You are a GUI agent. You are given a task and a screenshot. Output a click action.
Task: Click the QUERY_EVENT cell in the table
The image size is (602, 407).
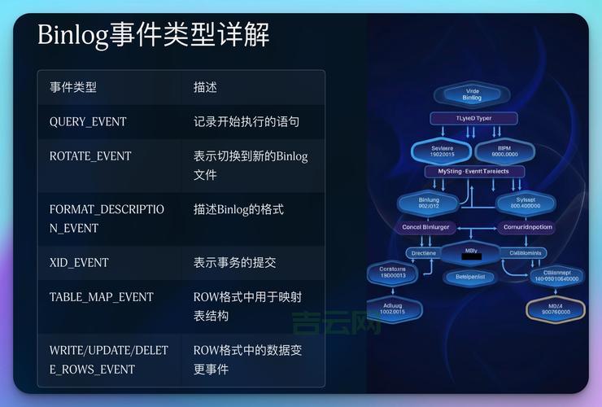coord(88,121)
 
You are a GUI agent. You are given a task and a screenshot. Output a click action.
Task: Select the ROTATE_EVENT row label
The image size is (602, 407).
coord(90,155)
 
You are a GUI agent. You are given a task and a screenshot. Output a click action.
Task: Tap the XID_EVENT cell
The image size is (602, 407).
coord(79,262)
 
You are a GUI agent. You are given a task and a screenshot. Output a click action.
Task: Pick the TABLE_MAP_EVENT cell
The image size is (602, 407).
coord(101,296)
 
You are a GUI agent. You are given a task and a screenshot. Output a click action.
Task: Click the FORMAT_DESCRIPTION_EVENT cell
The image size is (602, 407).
coord(107,218)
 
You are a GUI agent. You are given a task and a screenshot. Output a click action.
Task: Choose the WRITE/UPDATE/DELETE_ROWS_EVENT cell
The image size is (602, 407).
coord(108,359)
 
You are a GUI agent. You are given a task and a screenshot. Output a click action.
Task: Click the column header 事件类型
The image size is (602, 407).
coord(72,87)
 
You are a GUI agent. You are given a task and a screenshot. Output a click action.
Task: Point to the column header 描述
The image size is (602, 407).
coord(205,87)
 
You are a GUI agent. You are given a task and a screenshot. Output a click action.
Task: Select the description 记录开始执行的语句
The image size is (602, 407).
coord(246,121)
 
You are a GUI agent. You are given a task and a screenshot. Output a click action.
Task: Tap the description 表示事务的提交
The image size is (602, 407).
coord(234,262)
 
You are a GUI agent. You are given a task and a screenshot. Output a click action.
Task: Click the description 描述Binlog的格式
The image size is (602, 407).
coord(238,209)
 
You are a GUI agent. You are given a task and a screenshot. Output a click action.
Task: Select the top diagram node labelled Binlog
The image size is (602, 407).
coord(472,94)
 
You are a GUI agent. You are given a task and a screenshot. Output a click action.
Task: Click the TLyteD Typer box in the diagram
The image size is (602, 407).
coord(473,118)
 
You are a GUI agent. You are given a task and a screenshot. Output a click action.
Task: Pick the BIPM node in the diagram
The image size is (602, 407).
coord(504,150)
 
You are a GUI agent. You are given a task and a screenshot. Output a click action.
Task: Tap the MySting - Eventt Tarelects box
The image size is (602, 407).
coord(474,172)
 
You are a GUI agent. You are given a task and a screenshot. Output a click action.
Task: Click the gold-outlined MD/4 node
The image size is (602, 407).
coord(556,308)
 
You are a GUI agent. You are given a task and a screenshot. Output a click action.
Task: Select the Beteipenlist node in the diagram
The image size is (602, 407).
coord(469,277)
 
